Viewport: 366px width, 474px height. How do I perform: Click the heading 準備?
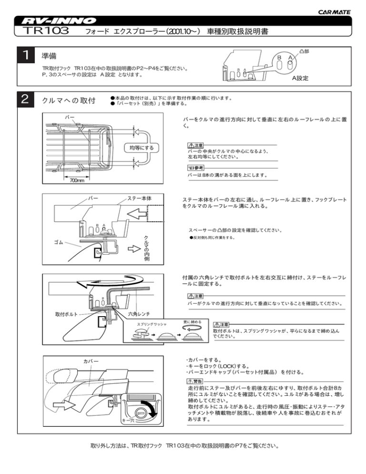click(x=51, y=55)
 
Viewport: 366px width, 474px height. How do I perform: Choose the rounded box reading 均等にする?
click(x=142, y=147)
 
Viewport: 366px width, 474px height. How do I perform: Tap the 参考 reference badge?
click(x=196, y=168)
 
